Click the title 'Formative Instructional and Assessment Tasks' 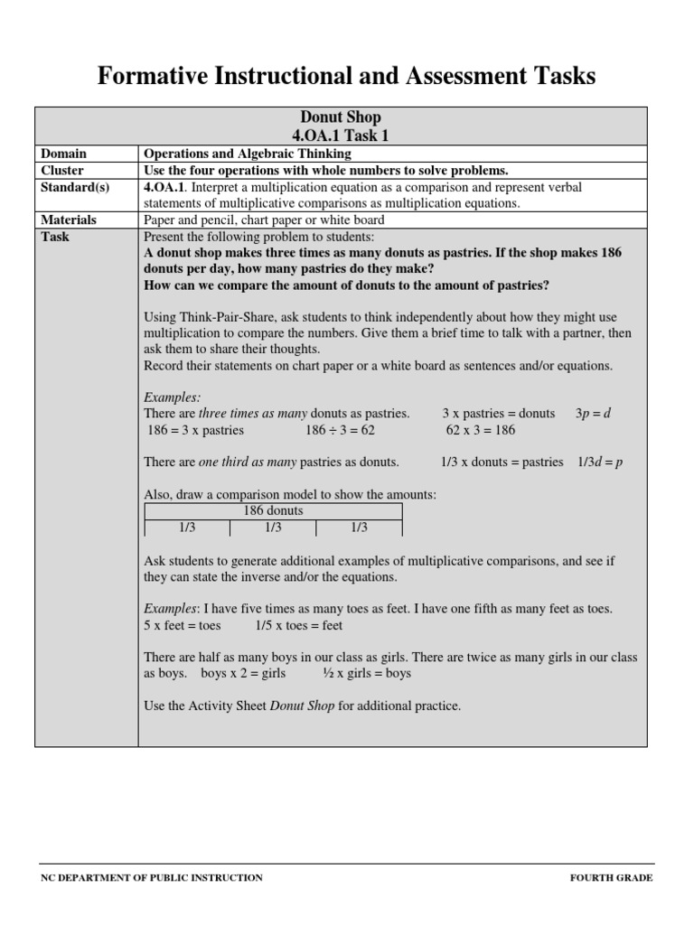click(x=347, y=77)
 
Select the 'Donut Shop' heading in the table click(x=340, y=117)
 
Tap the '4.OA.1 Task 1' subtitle click(x=340, y=135)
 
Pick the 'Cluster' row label click(x=62, y=170)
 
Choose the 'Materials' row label click(x=70, y=220)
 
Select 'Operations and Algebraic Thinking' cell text click(x=247, y=154)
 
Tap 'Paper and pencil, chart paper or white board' click(x=264, y=220)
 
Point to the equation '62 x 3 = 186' click(x=481, y=430)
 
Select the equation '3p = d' click(x=594, y=413)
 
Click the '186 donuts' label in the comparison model click(x=273, y=510)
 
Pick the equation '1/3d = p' click(x=600, y=462)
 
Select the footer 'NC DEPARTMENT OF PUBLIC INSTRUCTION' click(x=152, y=877)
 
